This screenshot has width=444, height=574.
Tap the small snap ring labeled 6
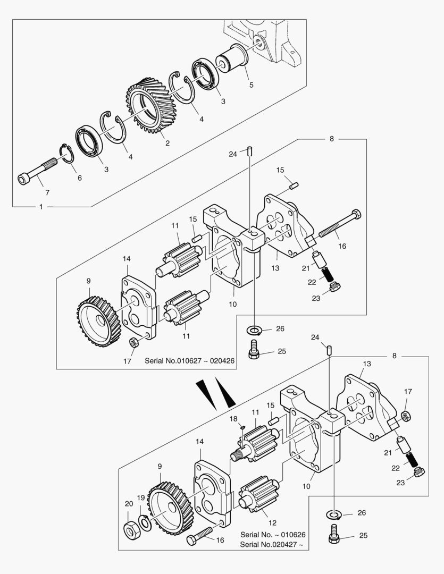tap(66, 154)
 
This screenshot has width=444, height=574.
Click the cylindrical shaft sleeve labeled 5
tap(233, 58)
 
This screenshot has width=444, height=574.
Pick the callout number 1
tap(41, 207)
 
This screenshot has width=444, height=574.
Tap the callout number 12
tap(272, 523)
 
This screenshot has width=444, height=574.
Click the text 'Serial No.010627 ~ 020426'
tap(189, 360)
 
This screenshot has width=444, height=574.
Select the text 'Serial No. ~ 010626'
tap(273, 535)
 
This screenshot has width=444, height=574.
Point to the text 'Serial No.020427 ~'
tap(272, 544)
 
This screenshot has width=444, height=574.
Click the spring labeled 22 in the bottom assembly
tap(412, 459)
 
